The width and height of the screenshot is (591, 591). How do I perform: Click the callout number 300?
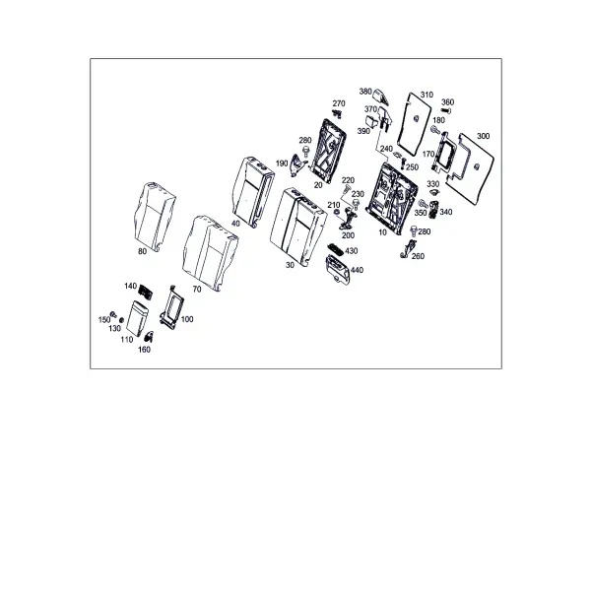483,136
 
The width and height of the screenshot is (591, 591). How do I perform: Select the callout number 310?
427,95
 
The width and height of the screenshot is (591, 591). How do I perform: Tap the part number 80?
142,251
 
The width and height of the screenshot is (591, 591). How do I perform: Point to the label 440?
357,270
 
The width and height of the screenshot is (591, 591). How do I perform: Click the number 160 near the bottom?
144,350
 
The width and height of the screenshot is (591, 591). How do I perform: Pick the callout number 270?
339,103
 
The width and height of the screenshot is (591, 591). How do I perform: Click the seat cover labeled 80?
155,216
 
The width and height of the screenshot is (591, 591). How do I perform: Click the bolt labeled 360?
446,110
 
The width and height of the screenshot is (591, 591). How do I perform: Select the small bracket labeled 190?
297,164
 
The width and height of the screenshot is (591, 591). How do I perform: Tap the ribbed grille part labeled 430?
336,249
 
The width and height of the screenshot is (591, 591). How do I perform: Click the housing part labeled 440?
338,269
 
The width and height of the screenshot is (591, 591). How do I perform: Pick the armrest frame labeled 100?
171,307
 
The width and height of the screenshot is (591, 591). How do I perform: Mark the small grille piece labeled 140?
146,292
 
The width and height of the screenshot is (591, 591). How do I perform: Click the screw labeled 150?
112,314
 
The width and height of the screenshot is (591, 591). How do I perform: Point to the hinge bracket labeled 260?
409,248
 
